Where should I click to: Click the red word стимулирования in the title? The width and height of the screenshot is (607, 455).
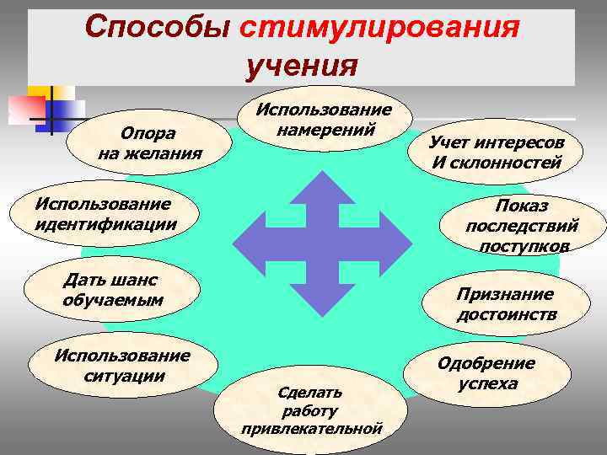pyautogui.click(x=378, y=28)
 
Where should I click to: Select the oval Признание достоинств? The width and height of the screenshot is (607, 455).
pyautogui.click(x=505, y=303)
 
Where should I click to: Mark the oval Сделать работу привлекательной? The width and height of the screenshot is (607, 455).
pyautogui.click(x=311, y=409)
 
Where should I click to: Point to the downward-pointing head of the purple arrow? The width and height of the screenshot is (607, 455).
pyautogui.click(x=322, y=300)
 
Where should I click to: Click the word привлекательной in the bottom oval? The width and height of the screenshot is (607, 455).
pyautogui.click(x=311, y=429)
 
